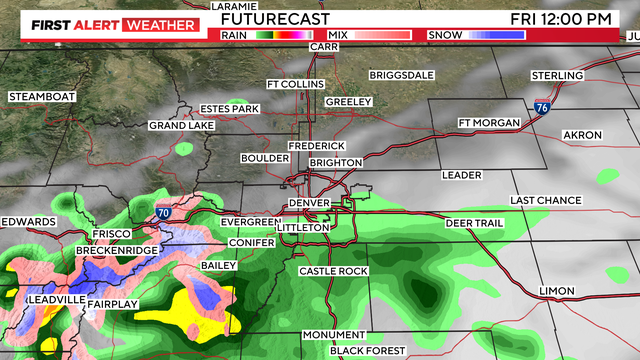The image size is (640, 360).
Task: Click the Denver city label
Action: [308, 204]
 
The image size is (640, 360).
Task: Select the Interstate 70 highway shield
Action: [162, 213]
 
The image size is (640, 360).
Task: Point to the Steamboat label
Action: [42, 96]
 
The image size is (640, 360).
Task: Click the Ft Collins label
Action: [296, 84]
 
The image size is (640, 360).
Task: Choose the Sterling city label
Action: [557, 76]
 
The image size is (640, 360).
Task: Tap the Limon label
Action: [557, 291]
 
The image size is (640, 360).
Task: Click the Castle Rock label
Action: [334, 271]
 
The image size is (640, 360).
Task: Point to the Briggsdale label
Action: [403, 75]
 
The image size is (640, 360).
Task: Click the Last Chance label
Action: [546, 201]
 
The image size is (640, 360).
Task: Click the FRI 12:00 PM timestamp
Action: [573, 18]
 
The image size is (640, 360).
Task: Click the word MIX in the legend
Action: [337, 35]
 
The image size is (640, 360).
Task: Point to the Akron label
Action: [582, 135]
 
